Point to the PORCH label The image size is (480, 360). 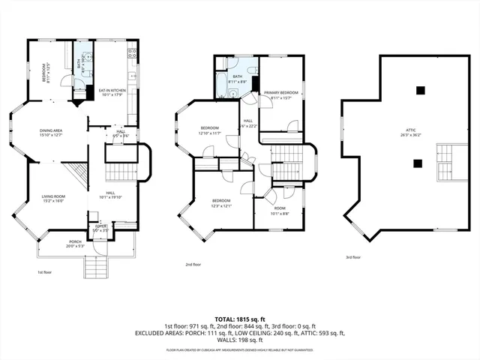pyautogui.click(x=76, y=243)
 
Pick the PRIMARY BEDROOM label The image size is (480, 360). pyautogui.click(x=281, y=94)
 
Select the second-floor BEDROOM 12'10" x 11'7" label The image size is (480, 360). pyautogui.click(x=209, y=130)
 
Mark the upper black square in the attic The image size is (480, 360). pyautogui.click(x=422, y=91)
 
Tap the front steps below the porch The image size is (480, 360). pyautogui.click(x=94, y=267)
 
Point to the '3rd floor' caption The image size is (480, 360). pyautogui.click(x=353, y=257)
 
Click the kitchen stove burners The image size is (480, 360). pyautogui.click(x=131, y=53)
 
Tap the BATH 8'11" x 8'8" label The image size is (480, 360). pyautogui.click(x=238, y=78)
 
